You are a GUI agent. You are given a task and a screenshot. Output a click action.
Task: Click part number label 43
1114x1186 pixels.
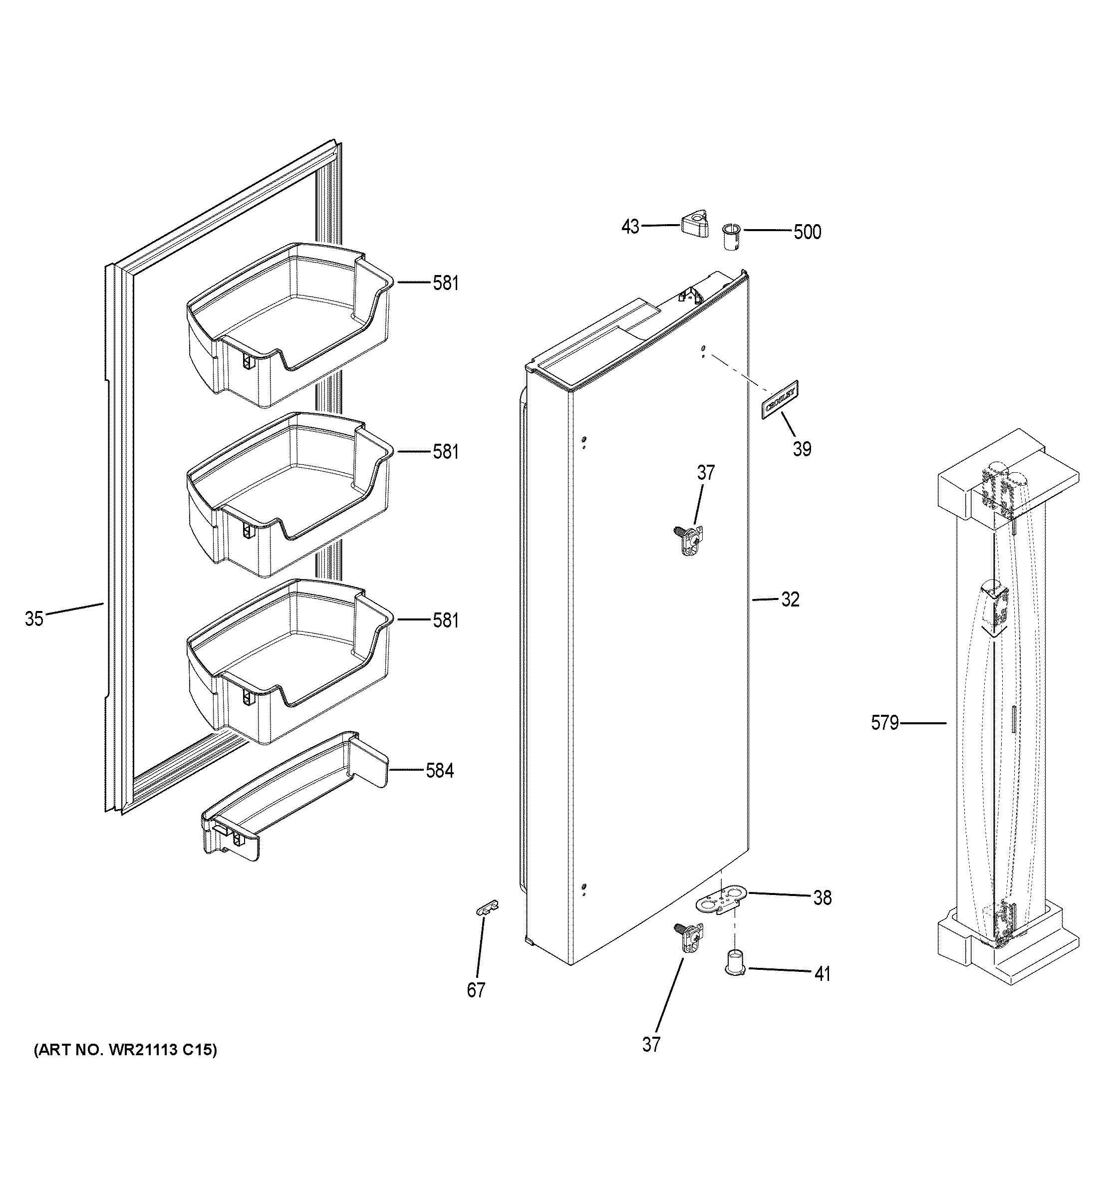pyautogui.click(x=630, y=227)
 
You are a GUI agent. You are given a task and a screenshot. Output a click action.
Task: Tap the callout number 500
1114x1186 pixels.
pyautogui.click(x=807, y=232)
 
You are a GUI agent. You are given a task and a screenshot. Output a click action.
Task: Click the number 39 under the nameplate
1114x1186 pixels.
pyautogui.click(x=802, y=449)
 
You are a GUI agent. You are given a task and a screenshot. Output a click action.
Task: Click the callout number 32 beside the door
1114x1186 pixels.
pyautogui.click(x=790, y=599)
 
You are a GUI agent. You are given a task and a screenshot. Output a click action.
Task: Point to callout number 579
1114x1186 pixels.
pyautogui.click(x=884, y=723)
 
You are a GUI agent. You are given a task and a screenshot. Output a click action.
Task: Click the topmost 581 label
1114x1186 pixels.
pyautogui.click(x=446, y=283)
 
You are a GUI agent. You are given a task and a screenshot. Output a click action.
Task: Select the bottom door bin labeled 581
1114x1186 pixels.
pyautogui.click(x=289, y=662)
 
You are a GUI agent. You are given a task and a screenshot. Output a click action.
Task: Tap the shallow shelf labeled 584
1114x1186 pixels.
pyautogui.click(x=292, y=797)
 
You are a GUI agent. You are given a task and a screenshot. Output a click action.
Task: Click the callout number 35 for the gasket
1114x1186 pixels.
pyautogui.click(x=34, y=618)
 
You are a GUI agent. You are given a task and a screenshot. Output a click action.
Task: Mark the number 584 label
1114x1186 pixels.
pyautogui.click(x=440, y=771)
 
